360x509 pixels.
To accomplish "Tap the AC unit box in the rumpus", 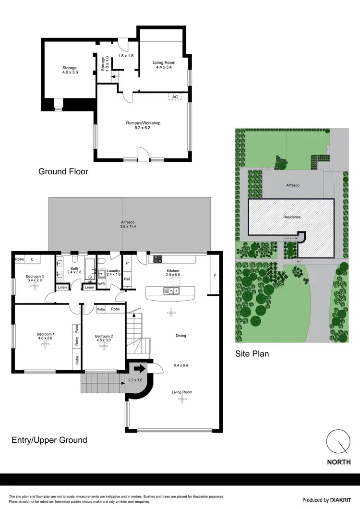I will coord(175,97).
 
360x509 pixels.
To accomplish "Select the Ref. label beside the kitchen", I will coord(127,279).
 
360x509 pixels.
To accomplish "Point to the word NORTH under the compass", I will coord(338,463).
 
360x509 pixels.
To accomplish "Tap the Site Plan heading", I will coord(252,354).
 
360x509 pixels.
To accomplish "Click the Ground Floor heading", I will coord(63,171).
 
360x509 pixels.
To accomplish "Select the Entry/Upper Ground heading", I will coord(49,439).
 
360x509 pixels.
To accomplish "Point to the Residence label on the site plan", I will coord(291,217).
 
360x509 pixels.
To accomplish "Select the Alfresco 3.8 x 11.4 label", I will coord(128,225).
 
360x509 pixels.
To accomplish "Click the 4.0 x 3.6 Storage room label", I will coord(70,70).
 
